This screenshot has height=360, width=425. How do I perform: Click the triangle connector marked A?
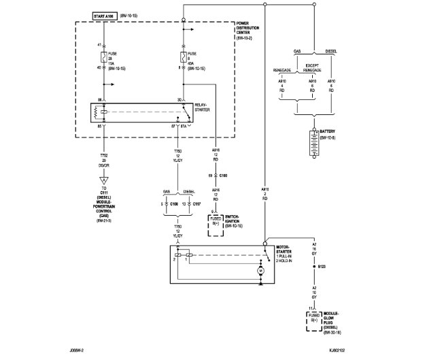point(103,179)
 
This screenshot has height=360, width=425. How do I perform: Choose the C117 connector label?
point(197,203)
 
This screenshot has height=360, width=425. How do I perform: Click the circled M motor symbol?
point(260,272)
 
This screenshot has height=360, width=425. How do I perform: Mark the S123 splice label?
point(320,267)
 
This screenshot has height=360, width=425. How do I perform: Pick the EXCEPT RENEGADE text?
point(313,67)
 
